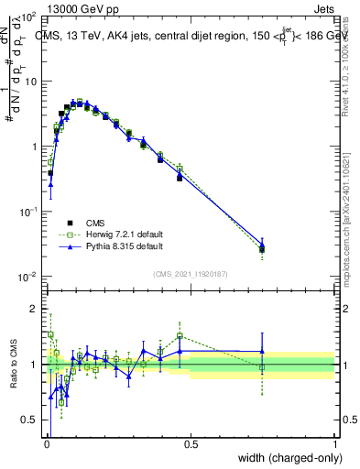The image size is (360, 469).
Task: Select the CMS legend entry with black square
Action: click(x=96, y=222)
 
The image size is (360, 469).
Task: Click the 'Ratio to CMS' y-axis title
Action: click(x=13, y=363)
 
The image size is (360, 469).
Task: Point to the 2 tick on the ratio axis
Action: click(x=37, y=309)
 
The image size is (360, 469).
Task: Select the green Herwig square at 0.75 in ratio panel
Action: click(x=263, y=367)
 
